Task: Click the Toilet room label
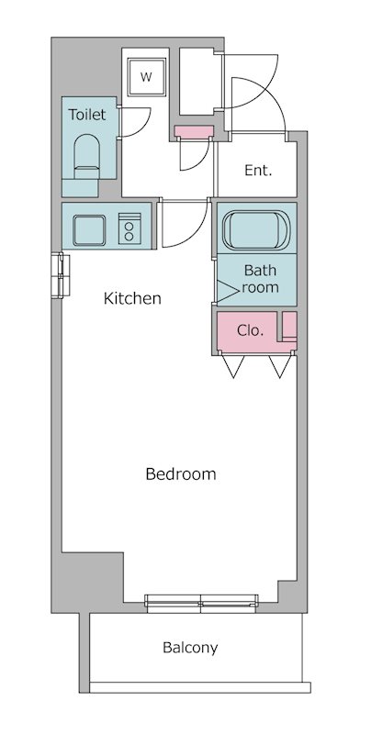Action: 87,115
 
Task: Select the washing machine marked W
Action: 147,77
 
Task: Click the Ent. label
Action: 258,171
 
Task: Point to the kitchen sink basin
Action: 89,230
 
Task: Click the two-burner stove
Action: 129,228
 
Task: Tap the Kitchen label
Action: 132,298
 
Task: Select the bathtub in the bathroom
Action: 256,230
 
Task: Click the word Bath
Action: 261,270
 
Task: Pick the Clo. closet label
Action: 250,330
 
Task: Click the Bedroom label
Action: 181,474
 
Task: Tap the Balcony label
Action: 190,649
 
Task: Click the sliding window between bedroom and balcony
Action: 201,603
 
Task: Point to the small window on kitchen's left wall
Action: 61,275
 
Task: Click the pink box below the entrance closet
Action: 194,131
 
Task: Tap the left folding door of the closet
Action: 233,366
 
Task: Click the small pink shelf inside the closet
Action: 289,326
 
